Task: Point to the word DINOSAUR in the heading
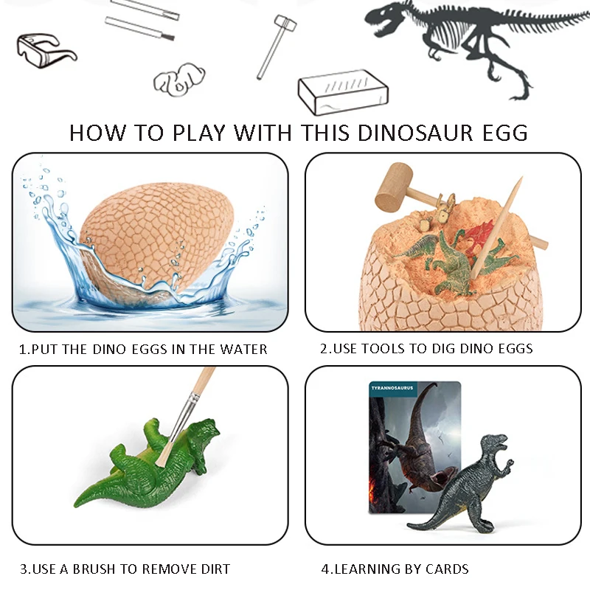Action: pyautogui.click(x=407, y=133)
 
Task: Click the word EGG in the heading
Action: pyautogui.click(x=505, y=133)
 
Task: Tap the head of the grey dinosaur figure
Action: pyautogui.click(x=492, y=443)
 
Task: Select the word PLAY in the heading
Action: pyautogui.click(x=198, y=133)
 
